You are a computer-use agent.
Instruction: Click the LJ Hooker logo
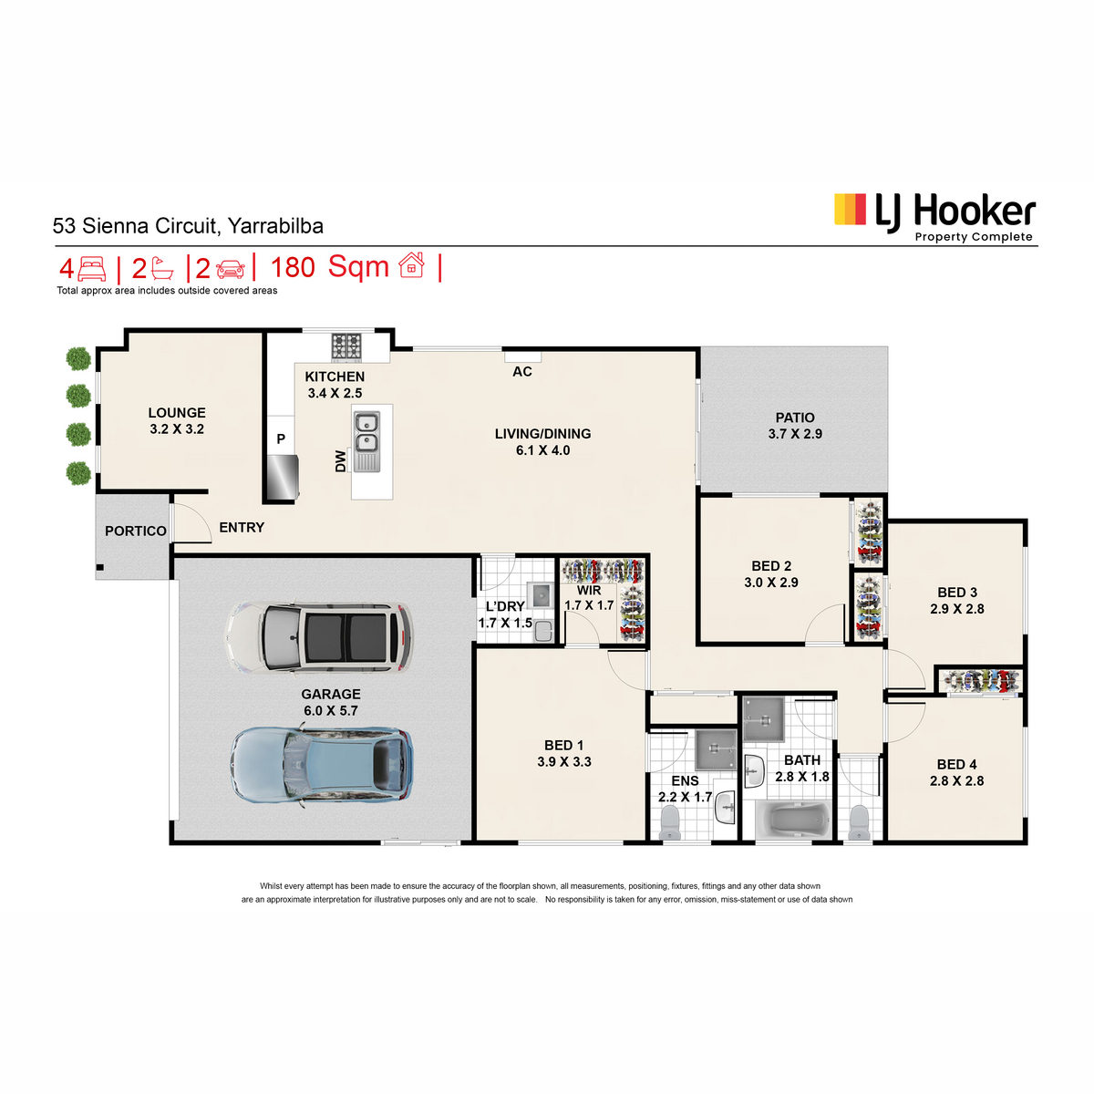click(934, 217)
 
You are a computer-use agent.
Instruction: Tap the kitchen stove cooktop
click(346, 346)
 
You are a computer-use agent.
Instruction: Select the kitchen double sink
click(366, 441)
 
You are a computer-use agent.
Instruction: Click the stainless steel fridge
click(282, 476)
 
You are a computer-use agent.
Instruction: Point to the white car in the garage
click(319, 637)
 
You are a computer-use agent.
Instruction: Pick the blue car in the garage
click(322, 765)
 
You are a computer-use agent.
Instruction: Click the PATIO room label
click(794, 418)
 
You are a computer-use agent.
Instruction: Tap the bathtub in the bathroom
click(793, 819)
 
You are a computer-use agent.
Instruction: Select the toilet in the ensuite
click(670, 822)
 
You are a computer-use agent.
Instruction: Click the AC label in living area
click(521, 371)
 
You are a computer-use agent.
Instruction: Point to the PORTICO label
click(136, 531)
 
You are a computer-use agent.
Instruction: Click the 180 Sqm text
click(329, 267)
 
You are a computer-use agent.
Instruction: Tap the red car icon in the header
click(230, 269)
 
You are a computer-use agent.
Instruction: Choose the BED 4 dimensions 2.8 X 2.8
click(956, 780)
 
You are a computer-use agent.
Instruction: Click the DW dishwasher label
click(340, 461)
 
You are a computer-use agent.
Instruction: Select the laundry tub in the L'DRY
click(540, 595)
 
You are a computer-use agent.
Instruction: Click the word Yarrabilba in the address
click(275, 226)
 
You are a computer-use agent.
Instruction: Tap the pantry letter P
click(281, 439)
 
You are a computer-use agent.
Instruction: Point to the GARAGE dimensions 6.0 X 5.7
click(330, 710)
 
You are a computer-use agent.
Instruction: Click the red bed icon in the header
click(91, 269)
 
